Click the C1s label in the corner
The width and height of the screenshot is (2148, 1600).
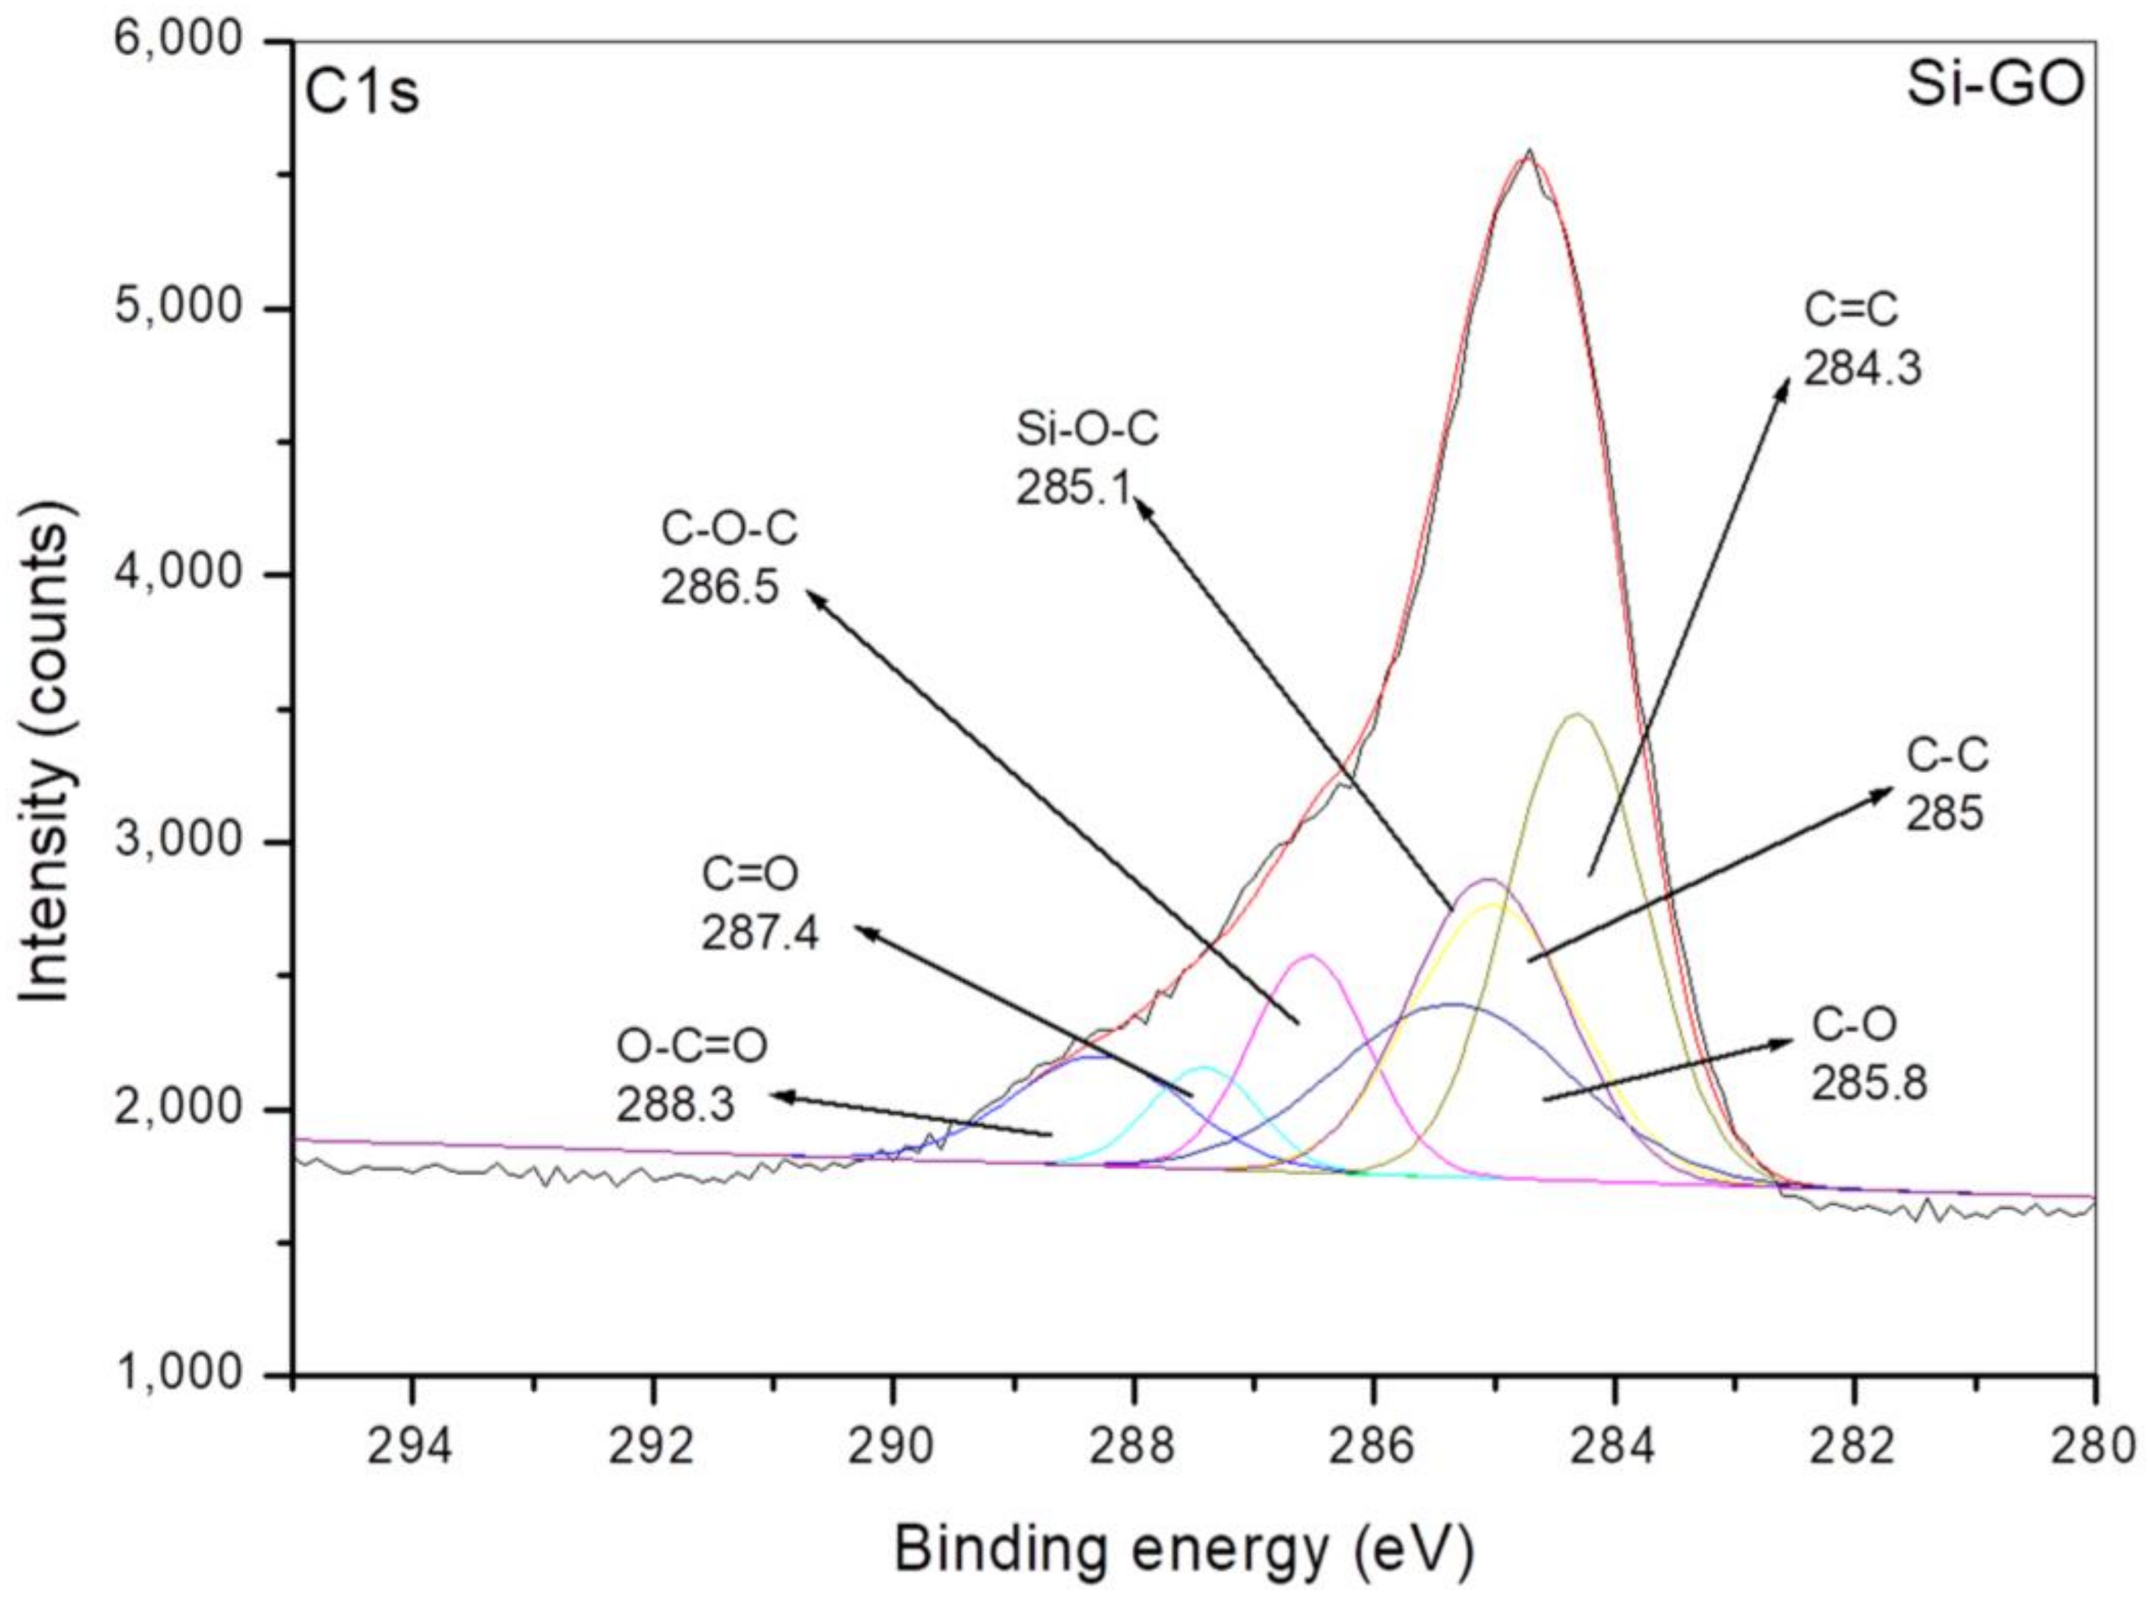(x=361, y=94)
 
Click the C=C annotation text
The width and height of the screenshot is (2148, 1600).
(x=1851, y=312)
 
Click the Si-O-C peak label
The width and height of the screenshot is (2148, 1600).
(x=1086, y=429)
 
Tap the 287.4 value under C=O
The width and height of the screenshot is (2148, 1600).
(x=760, y=935)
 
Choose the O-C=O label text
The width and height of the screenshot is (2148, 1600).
(x=691, y=1046)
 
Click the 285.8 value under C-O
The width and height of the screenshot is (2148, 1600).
(x=1869, y=1084)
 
